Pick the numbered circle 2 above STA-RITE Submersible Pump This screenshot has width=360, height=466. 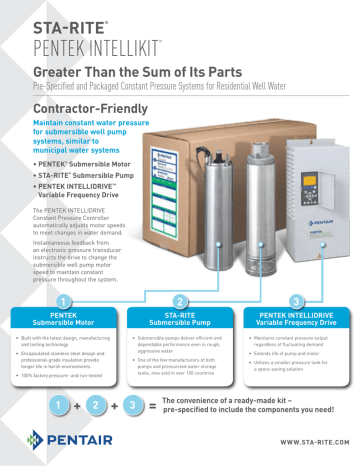[x=179, y=301]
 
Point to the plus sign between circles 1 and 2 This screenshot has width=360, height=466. [x=77, y=407]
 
